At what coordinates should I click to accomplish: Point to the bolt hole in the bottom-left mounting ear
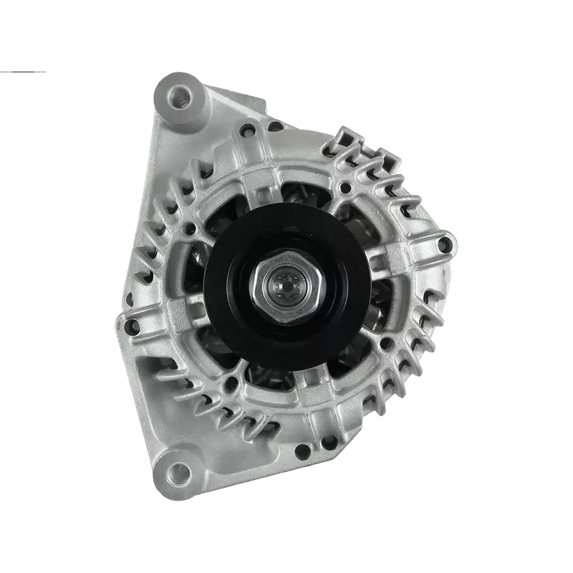pyautogui.click(x=180, y=470)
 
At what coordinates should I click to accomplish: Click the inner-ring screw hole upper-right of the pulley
pyautogui.click(x=345, y=188)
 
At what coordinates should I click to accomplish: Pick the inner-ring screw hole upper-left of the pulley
pyautogui.click(x=191, y=230)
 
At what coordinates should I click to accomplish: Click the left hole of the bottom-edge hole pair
pyautogui.click(x=304, y=451)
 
